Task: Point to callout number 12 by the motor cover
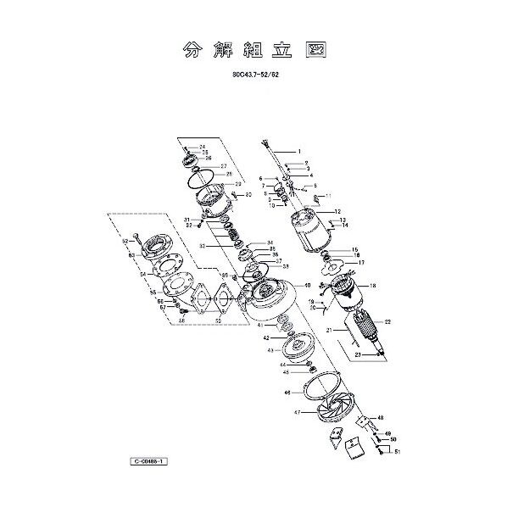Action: point(337,212)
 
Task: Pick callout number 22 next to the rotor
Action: point(387,322)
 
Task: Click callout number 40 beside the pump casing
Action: point(308,285)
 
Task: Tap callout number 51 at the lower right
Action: point(396,453)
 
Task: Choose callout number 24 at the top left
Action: point(203,148)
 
